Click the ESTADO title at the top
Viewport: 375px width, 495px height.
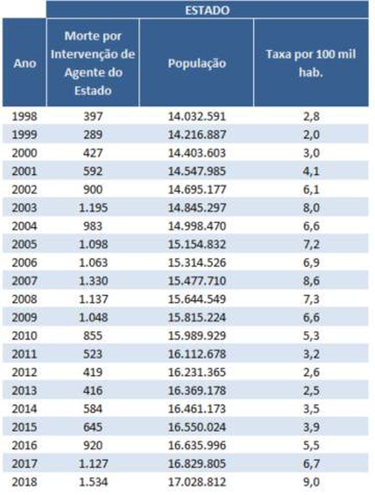(x=207, y=10)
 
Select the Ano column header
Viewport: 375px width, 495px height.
(x=24, y=64)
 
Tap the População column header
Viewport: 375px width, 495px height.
(x=197, y=64)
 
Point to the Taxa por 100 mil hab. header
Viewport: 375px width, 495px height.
(x=311, y=64)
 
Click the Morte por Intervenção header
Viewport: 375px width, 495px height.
(x=93, y=64)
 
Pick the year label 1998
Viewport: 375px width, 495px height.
(x=24, y=116)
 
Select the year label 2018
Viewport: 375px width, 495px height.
(x=24, y=482)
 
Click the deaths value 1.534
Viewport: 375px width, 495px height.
(x=93, y=482)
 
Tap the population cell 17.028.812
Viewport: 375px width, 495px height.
(x=197, y=482)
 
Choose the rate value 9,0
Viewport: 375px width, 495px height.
(x=311, y=482)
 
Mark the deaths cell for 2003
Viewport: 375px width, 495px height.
(x=93, y=208)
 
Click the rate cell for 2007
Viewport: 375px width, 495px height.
(x=311, y=281)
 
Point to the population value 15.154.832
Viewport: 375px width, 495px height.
(x=197, y=244)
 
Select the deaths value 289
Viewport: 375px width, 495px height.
(x=93, y=134)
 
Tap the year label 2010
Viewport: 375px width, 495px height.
(x=24, y=336)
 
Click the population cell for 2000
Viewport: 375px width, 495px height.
(x=197, y=153)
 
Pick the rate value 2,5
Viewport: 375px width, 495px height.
(x=311, y=391)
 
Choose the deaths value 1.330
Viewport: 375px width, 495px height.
(x=93, y=281)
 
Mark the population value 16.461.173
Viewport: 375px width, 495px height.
(x=197, y=409)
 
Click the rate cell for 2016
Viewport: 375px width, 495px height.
(x=311, y=446)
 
